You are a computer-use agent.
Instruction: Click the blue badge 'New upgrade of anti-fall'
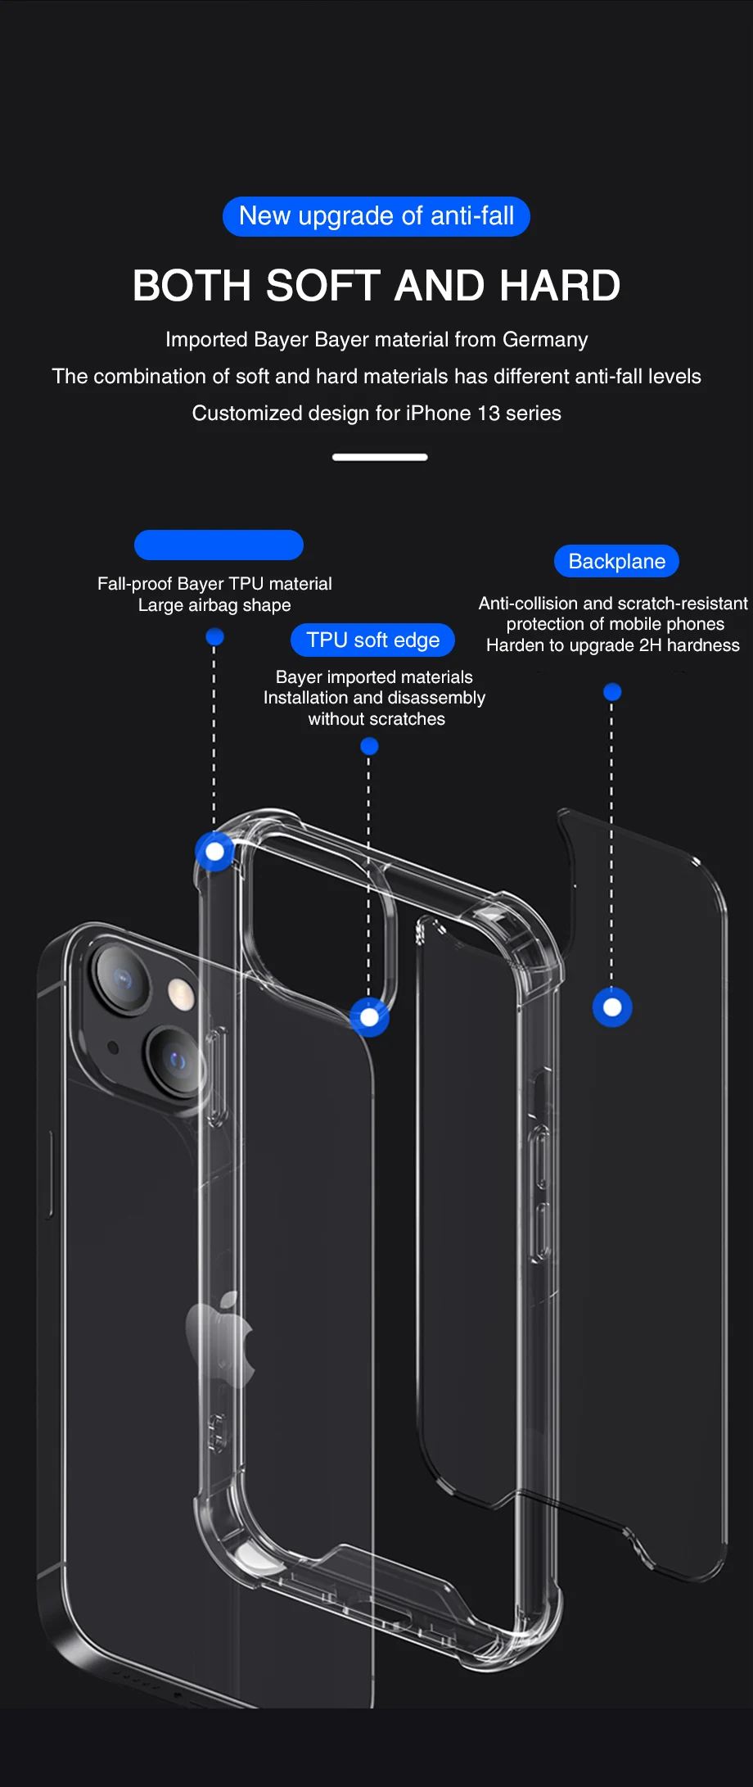376,216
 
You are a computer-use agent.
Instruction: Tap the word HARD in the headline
560,286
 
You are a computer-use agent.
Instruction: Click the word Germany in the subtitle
545,340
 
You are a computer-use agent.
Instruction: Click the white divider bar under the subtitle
380,457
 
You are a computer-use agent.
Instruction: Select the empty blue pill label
219,545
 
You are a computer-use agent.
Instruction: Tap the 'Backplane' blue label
617,562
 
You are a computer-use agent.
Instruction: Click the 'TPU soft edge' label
372,640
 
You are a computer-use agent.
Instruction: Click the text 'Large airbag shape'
214,605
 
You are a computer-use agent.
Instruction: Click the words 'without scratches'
376,719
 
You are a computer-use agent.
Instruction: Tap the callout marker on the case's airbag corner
215,852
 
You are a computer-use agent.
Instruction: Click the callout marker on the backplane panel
612,1007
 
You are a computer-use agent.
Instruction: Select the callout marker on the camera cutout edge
369,1017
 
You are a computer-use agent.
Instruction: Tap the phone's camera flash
181,994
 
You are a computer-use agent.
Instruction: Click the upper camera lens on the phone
123,979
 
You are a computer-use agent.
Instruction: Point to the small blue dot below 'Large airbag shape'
215,636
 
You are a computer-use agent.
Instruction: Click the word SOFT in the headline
323,286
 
